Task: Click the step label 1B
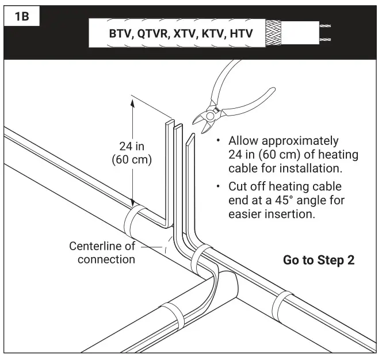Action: [x=21, y=16]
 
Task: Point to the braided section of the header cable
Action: [x=274, y=33]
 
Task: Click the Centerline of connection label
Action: [x=103, y=252]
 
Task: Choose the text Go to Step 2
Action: [x=320, y=259]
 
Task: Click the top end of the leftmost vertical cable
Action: [x=170, y=124]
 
